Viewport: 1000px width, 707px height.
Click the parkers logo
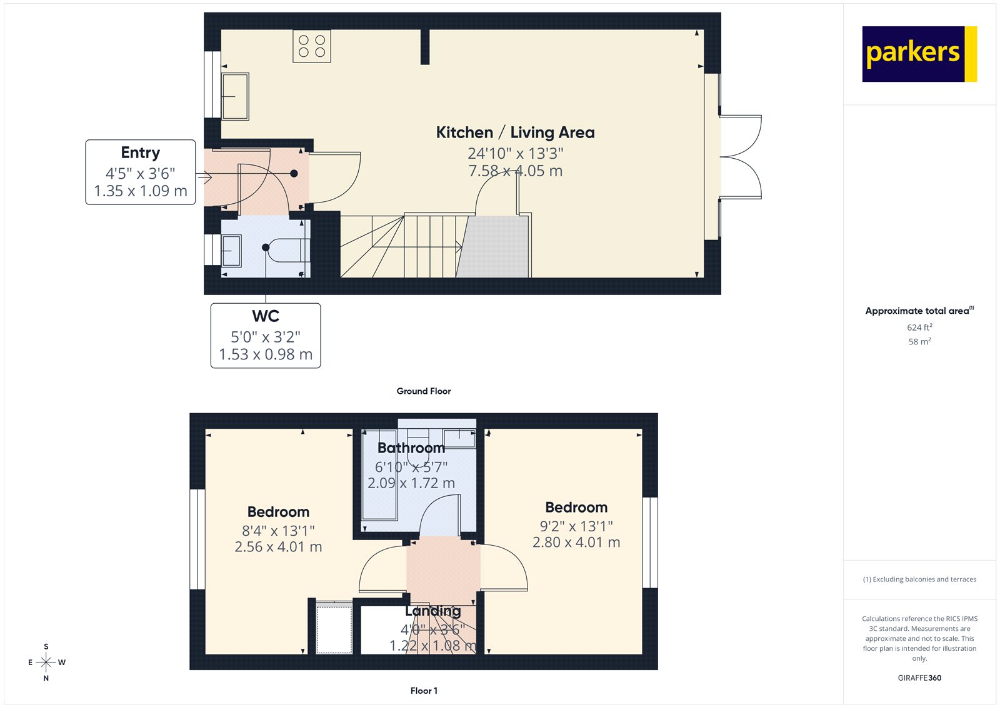(x=919, y=54)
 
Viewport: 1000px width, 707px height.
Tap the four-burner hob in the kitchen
(x=312, y=46)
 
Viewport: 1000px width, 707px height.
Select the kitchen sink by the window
(x=235, y=96)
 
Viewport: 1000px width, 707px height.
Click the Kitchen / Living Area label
(x=515, y=133)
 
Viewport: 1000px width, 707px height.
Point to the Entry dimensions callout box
(x=141, y=173)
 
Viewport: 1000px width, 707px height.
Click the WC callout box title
(x=266, y=316)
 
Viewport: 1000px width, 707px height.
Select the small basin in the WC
(x=232, y=250)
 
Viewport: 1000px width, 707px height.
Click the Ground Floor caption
(x=424, y=391)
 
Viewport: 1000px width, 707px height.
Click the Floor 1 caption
(x=424, y=691)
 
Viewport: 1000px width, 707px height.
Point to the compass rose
(x=46, y=662)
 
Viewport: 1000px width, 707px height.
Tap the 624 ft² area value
(x=919, y=328)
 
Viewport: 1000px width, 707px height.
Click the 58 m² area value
(x=919, y=341)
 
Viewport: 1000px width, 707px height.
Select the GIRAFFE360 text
(x=919, y=678)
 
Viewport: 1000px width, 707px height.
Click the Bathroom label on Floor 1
(x=411, y=448)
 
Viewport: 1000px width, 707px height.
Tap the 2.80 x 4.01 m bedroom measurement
(x=576, y=543)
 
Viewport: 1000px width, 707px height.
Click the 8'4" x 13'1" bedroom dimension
(x=278, y=531)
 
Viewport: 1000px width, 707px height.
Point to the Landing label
(x=432, y=611)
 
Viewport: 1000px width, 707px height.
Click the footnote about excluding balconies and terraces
(x=919, y=579)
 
